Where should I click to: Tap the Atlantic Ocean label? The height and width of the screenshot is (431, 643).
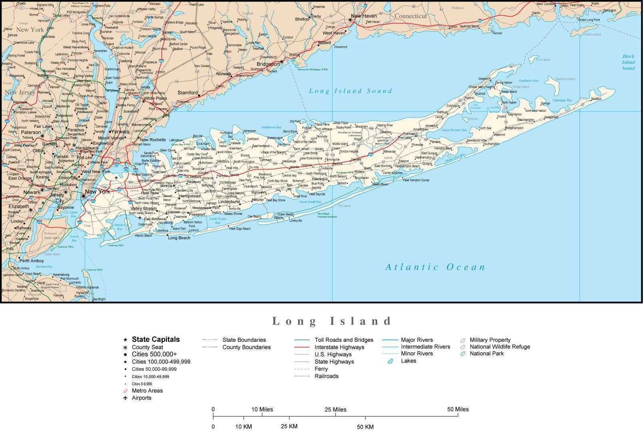tap(435, 267)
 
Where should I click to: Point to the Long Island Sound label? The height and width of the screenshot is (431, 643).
tap(350, 91)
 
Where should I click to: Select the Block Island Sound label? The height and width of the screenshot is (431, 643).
tap(628, 62)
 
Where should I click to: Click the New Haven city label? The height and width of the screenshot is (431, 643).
tap(364, 16)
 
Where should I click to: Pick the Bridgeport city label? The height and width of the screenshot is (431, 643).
tap(268, 64)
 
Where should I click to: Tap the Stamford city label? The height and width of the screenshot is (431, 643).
tap(187, 93)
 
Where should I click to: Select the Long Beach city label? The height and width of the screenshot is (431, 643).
tap(179, 238)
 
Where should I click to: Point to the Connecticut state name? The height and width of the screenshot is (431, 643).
tap(411, 16)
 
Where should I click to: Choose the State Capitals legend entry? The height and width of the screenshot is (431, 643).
tap(155, 340)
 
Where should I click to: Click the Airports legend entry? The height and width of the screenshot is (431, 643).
tap(141, 398)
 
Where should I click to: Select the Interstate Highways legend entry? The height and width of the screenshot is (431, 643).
tap(339, 347)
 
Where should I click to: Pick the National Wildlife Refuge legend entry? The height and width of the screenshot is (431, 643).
tap(500, 347)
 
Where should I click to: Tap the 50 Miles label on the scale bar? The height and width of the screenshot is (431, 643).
tap(458, 409)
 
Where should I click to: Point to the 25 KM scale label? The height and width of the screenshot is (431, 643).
tap(289, 426)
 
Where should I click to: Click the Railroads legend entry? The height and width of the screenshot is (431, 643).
tap(326, 376)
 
